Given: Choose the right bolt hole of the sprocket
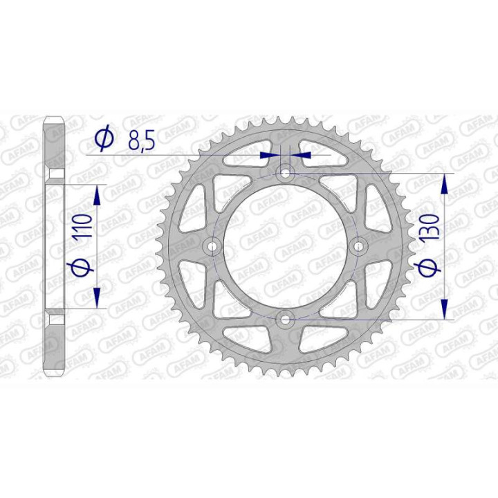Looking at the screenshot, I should pyautogui.click(x=358, y=246).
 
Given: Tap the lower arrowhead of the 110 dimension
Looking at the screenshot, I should pyautogui.click(x=97, y=296).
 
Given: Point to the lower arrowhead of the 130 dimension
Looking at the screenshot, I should pyautogui.click(x=444, y=308).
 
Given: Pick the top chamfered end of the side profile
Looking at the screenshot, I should pyautogui.click(x=56, y=124).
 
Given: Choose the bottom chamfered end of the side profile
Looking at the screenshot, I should pyautogui.click(x=56, y=369).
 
